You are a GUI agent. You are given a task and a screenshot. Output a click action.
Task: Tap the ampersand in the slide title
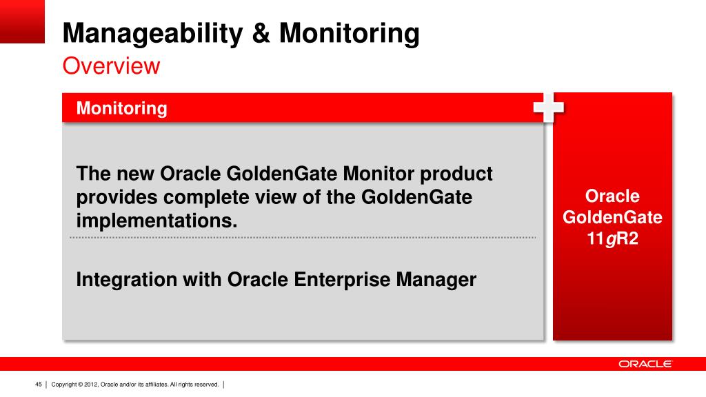(261, 33)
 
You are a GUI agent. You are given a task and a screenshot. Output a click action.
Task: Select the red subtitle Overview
(111, 65)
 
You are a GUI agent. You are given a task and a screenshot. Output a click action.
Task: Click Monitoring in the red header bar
(121, 108)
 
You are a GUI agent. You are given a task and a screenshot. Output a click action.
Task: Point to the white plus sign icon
(548, 107)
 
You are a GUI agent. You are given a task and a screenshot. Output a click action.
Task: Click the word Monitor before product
(379, 174)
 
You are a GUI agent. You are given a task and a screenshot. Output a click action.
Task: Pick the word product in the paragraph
(456, 174)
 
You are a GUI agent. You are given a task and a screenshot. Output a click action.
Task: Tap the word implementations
(157, 221)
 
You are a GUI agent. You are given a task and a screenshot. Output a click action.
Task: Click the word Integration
(127, 280)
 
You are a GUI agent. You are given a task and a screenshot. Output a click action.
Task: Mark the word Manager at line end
(436, 280)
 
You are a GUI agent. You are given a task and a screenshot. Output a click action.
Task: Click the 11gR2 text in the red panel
(612, 238)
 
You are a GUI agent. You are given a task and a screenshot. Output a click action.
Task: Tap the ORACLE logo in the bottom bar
(645, 364)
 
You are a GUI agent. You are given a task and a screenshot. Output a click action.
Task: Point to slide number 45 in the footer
(39, 385)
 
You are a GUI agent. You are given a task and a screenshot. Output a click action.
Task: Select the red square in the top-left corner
(22, 21)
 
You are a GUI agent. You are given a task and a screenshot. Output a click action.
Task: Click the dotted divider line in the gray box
(303, 237)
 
